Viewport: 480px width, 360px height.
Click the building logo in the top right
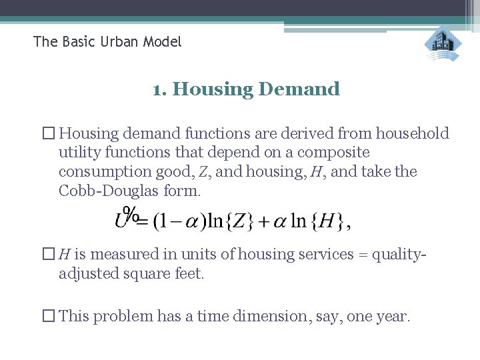443,44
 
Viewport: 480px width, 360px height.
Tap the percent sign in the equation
133,214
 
